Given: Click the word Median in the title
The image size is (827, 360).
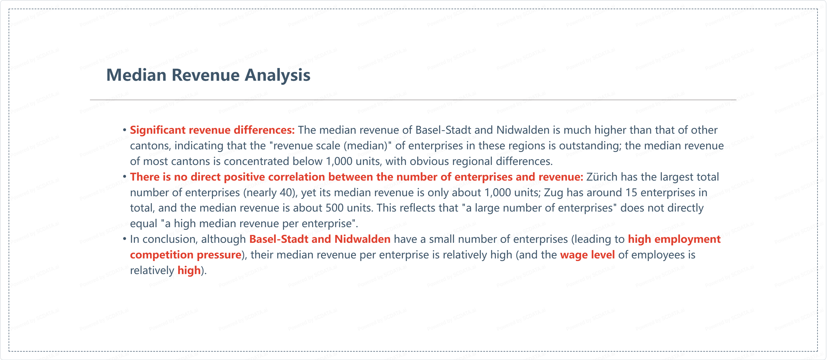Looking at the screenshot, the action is (x=136, y=75).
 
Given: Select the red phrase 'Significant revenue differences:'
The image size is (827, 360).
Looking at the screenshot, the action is (x=212, y=130).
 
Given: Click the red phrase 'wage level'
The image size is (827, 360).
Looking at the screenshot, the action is (x=588, y=255).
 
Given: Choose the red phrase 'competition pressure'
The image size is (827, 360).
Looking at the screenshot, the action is (x=186, y=255).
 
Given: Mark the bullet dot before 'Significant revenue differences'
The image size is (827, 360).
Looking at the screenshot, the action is (x=125, y=130).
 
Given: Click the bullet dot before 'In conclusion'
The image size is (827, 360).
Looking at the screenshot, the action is (x=125, y=239).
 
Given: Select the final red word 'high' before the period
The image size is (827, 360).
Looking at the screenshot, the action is (x=189, y=271).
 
